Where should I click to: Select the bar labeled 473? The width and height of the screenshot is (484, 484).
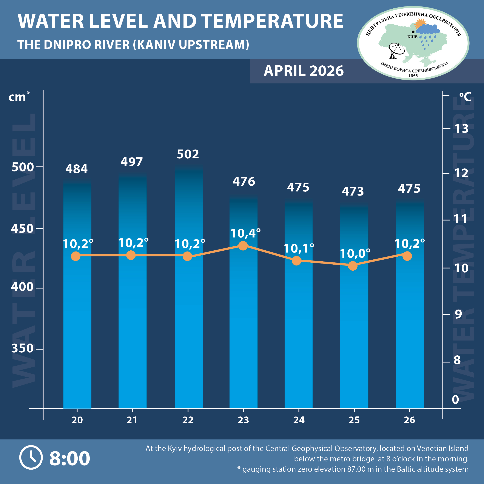[x=354, y=313]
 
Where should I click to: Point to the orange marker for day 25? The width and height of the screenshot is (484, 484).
[x=353, y=266]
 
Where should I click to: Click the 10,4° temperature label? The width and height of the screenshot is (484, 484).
[x=245, y=233]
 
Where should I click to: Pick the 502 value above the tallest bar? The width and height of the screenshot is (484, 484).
[x=188, y=154]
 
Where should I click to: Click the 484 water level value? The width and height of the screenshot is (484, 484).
[x=76, y=169]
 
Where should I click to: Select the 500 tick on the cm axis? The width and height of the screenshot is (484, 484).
[x=23, y=167]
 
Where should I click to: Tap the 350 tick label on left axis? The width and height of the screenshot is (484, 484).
[x=22, y=348]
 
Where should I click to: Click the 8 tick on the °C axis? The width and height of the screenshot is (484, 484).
[x=457, y=360]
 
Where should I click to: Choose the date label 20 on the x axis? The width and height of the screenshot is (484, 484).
[x=77, y=420]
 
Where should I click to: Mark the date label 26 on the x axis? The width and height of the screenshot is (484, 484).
[x=409, y=420]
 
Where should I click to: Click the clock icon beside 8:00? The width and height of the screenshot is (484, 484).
[x=31, y=458]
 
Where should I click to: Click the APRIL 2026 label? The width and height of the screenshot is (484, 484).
[x=304, y=71]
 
